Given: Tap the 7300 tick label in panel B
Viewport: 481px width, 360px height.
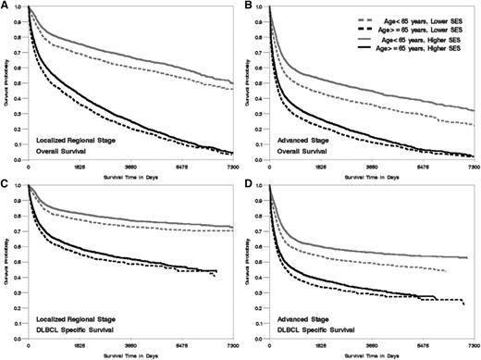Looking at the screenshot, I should click(472, 168).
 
